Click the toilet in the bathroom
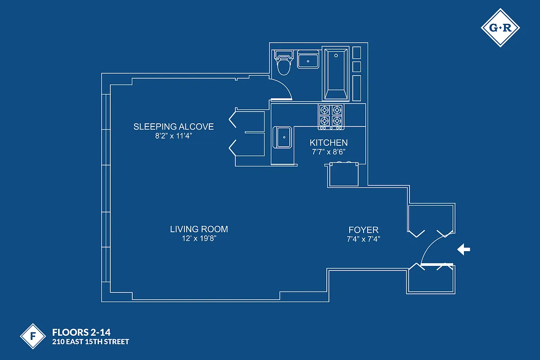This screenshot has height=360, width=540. coord(283,64)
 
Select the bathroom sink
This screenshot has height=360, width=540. coord(308,60)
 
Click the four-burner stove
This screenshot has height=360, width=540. coord(331,116)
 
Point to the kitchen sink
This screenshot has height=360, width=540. coord(283,137)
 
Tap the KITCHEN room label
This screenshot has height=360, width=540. coord(328,143)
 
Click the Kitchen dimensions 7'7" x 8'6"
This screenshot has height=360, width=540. coord(328,152)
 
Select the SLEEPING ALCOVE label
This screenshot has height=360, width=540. coord(173,126)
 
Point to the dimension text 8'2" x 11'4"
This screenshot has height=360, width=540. coord(173,136)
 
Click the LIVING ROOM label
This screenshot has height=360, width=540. coord(199,229)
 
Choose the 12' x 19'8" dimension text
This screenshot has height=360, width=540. coord(199,238)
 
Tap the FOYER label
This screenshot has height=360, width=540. coord(364,230)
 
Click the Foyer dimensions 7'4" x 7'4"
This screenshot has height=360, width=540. coord(364,239)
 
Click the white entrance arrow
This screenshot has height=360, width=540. coord(463,249)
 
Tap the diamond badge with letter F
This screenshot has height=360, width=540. coord(33,336)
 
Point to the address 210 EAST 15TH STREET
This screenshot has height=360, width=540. coord(90,342)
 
